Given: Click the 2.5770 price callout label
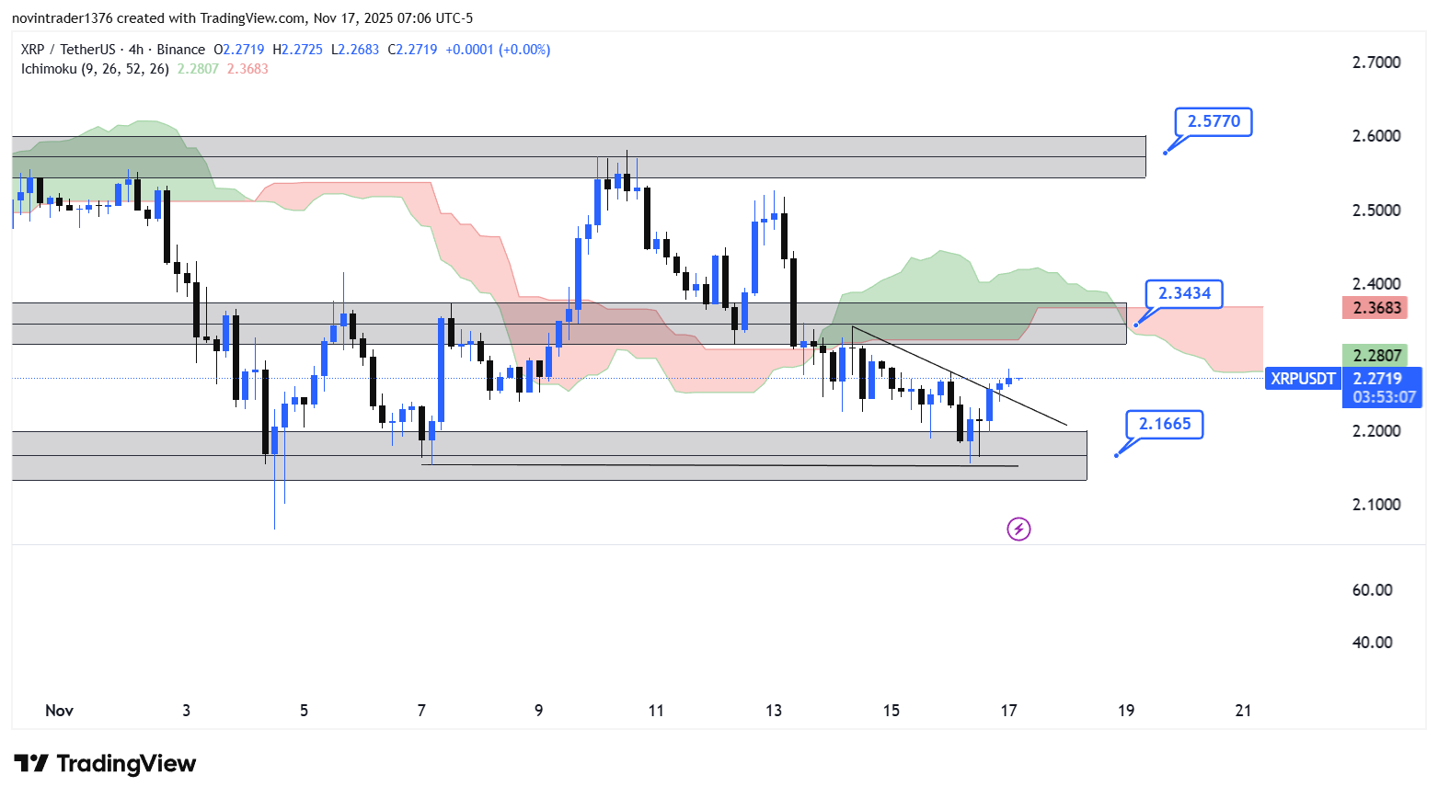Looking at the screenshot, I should [1214, 121].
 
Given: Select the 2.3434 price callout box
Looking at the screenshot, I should [1184, 293].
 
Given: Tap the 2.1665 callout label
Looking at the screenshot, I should [1165, 424].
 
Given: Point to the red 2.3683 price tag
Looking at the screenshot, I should [1376, 308].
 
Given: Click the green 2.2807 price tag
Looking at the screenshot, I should [1376, 355].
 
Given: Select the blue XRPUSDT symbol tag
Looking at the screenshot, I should [1303, 379].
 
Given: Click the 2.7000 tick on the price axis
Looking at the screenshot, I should [1376, 63].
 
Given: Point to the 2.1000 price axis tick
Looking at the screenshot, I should [1376, 505].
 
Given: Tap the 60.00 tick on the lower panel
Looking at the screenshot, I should [1372, 590].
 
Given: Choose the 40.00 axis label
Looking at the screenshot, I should [1372, 643].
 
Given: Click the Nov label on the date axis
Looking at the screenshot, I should [59, 711].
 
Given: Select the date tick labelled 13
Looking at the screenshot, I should [774, 711].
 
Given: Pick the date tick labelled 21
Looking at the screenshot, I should [1243, 711].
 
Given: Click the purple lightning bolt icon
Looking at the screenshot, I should [1018, 529].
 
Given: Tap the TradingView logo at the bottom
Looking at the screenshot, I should [105, 764].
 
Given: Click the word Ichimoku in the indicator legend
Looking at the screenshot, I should [49, 69].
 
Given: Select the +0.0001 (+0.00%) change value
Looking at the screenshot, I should [498, 50].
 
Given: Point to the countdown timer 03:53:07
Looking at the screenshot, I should [1384, 397].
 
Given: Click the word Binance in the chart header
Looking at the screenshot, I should [180, 50].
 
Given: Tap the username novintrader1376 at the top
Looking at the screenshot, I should [62, 18].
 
